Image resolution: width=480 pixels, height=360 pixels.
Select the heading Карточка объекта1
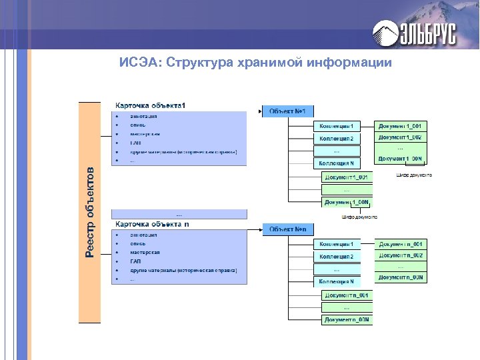(151, 105)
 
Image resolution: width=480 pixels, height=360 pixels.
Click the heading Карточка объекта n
(153, 224)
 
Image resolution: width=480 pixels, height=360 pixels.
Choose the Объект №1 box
(288, 111)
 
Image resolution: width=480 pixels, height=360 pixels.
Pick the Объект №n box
(288, 229)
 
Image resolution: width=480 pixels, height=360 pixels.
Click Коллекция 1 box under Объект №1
(337, 126)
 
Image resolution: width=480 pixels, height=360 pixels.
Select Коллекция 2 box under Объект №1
(337, 139)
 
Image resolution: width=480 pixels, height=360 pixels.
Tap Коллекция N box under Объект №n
(337, 282)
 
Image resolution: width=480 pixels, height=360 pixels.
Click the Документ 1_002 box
(400, 137)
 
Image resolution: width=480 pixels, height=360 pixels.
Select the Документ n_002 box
(400, 255)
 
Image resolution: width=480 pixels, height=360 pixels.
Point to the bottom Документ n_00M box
(347, 320)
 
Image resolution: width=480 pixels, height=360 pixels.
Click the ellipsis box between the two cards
(179, 215)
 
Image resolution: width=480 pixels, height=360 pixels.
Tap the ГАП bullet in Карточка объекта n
(135, 261)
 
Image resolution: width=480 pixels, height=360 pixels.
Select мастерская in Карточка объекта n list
(145, 253)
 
